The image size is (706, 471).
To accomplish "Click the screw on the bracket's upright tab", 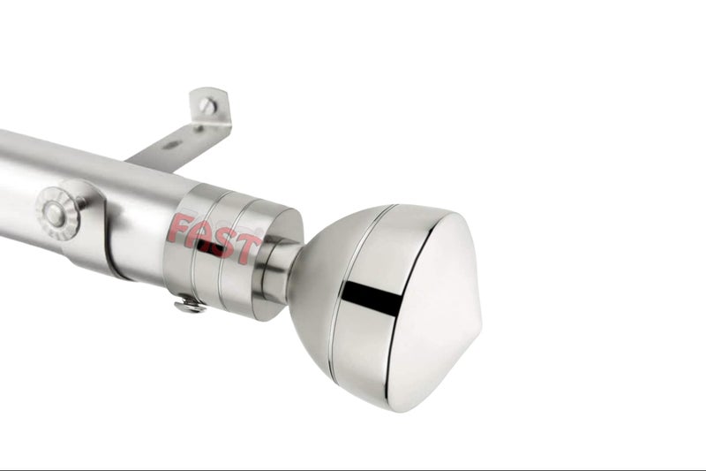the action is click(x=207, y=106).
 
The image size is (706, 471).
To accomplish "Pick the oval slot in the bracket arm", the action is click(x=172, y=145).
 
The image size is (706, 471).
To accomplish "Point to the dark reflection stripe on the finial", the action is click(x=372, y=297).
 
